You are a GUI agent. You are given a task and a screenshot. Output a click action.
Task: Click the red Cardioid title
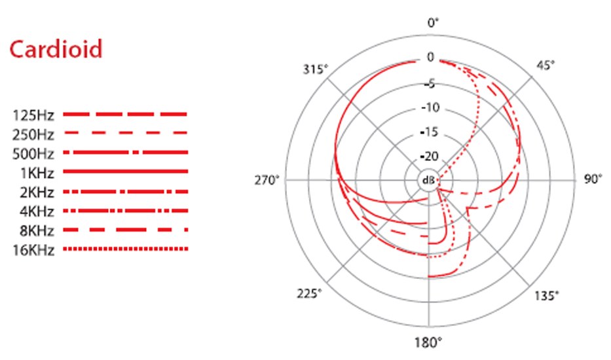(x=56, y=49)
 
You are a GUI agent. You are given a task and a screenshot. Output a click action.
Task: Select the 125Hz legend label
(x=33, y=115)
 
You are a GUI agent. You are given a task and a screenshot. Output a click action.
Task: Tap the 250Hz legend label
(x=33, y=134)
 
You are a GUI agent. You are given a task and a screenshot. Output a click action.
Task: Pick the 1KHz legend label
(x=37, y=173)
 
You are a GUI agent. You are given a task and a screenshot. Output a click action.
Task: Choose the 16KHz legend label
(x=33, y=250)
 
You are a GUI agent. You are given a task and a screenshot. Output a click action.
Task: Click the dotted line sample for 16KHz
(x=126, y=249)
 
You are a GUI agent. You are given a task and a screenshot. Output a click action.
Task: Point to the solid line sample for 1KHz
(x=126, y=171)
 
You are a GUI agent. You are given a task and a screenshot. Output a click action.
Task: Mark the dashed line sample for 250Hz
(x=126, y=134)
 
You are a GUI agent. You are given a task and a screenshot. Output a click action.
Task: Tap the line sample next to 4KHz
(x=126, y=211)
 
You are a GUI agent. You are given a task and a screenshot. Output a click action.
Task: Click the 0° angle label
(x=432, y=23)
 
